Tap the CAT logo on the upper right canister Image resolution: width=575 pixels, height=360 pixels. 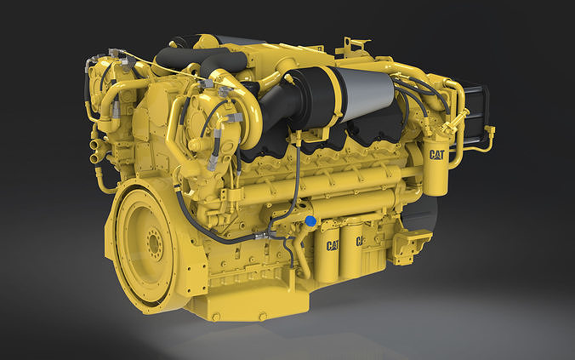click(437, 155)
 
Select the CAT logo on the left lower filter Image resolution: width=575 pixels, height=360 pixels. click(330, 245)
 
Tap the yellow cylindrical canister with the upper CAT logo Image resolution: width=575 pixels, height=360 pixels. click(436, 170)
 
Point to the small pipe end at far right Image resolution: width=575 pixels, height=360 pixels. click(491, 130)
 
